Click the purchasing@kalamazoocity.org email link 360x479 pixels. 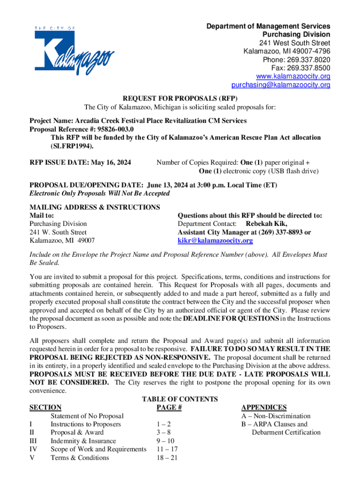274,85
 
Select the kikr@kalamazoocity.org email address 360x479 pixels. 215,241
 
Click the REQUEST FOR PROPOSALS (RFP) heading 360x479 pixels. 180,99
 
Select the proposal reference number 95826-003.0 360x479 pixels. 113,129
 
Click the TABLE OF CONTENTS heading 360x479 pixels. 180,399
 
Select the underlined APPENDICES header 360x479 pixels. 264,407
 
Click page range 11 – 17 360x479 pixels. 166,450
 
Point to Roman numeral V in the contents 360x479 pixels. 32,458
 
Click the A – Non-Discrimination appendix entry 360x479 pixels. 275,416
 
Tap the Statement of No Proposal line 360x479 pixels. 87,416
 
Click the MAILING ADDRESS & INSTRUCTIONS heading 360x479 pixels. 94,207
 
